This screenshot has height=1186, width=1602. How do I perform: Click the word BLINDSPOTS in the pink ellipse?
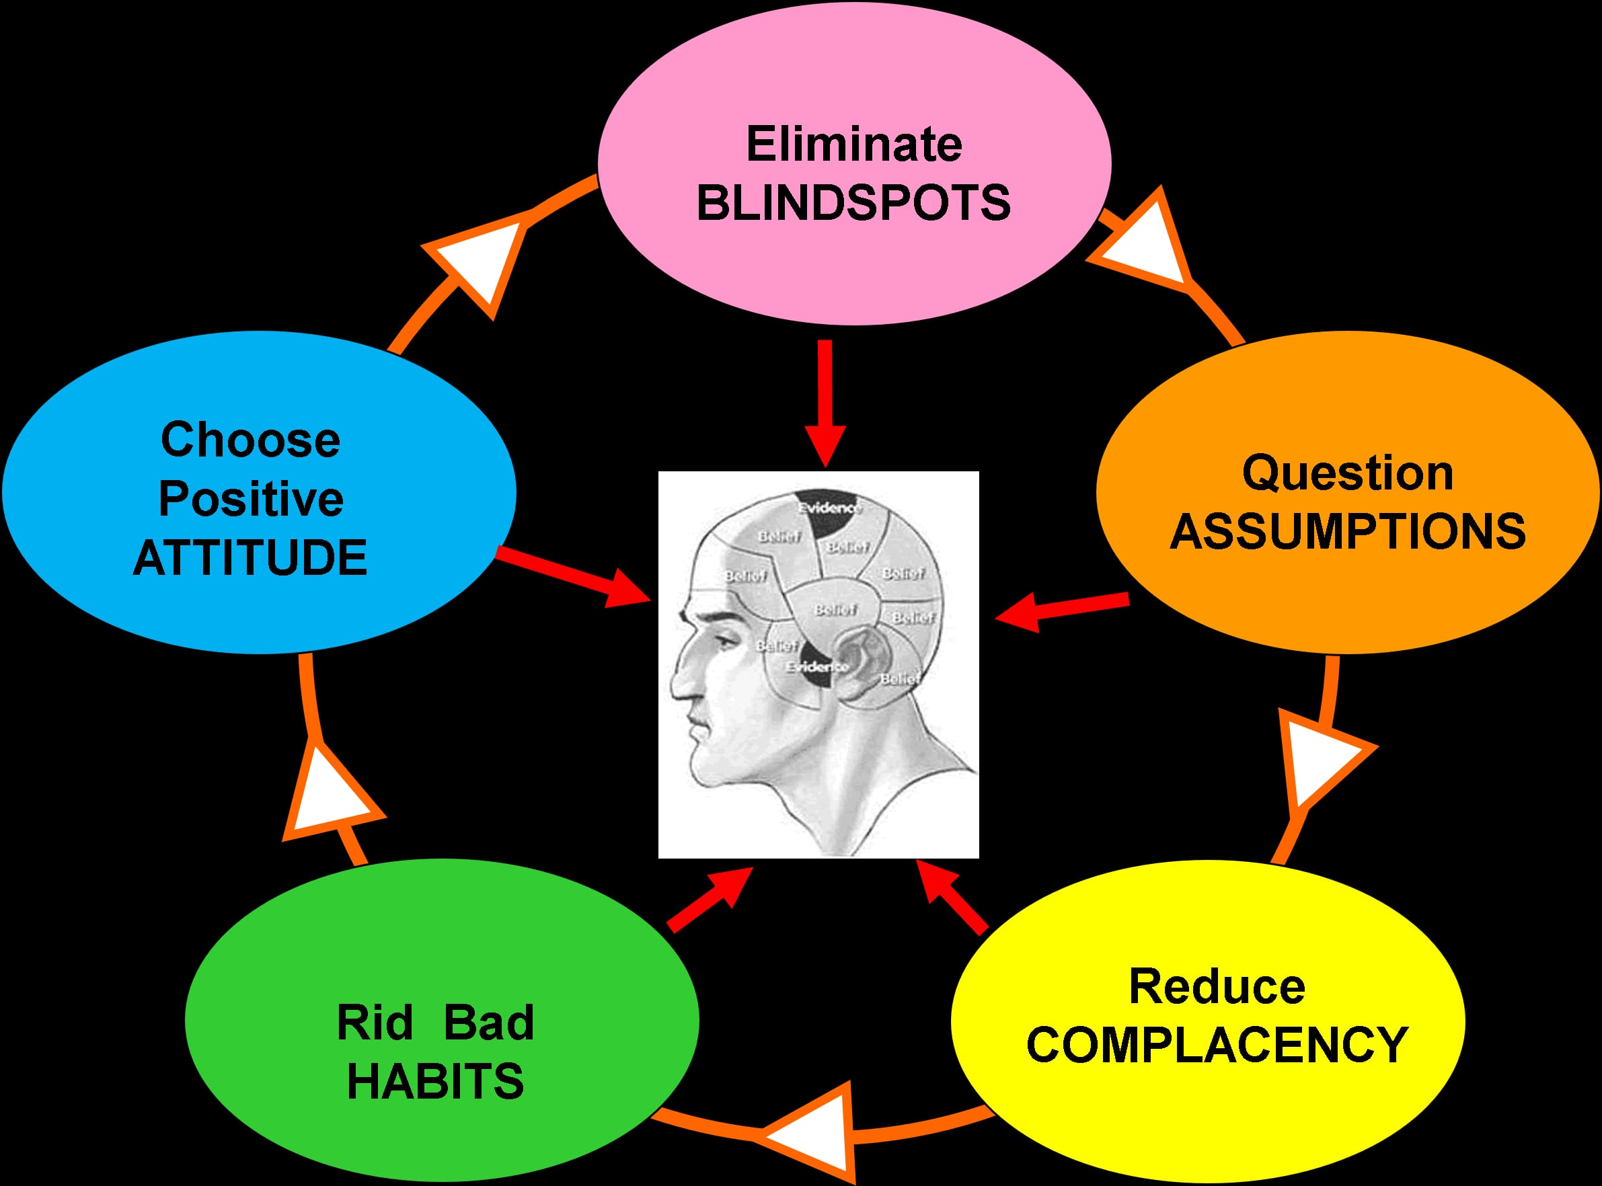point(853,202)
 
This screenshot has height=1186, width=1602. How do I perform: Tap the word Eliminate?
point(853,145)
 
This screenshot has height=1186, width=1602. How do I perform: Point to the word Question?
point(1348,473)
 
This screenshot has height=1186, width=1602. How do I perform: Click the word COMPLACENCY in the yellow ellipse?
point(1217,1045)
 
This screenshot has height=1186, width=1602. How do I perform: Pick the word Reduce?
point(1217,986)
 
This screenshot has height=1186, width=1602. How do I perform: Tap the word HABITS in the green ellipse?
point(435,1081)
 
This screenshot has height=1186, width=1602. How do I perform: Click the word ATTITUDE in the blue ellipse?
point(250,558)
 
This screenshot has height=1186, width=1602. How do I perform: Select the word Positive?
point(251,499)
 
